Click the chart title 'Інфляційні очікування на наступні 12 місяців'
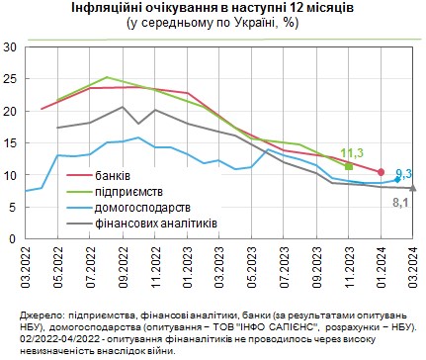coord(213,9)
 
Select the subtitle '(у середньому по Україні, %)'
coord(213,24)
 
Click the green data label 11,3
coord(353,152)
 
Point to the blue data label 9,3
coord(403,173)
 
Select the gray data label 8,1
coord(401,202)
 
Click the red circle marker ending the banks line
coord(381,171)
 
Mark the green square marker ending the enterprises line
coord(349,165)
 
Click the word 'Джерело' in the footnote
coord(41,313)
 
